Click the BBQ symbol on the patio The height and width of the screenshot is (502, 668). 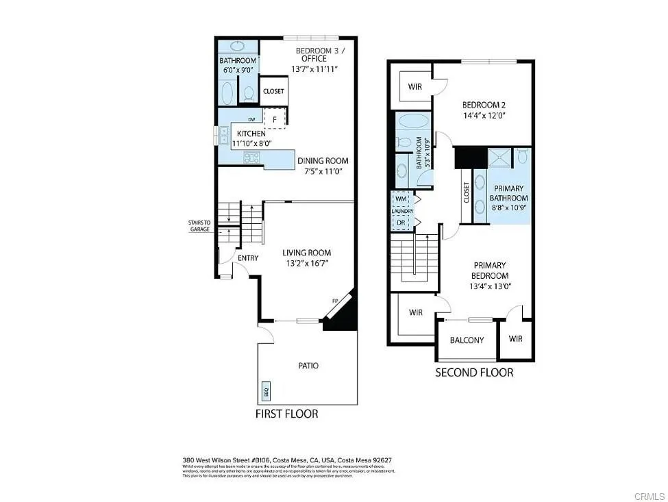coord(267,392)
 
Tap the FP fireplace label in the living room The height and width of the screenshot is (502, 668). coord(335,301)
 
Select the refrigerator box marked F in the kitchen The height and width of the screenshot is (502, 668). coord(275,118)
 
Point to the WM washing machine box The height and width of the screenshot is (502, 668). coord(400,199)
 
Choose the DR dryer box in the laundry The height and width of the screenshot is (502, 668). coord(400,223)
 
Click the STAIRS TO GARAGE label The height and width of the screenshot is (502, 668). coord(199,226)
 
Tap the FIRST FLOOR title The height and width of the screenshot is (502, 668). coord(286,414)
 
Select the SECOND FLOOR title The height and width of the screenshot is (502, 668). coord(474,373)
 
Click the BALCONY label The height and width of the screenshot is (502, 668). coord(467,340)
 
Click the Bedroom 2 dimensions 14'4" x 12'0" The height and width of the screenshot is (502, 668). coord(484,116)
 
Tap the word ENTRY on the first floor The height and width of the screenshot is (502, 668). coord(247,258)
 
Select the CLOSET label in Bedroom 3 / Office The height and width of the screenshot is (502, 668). coord(274,91)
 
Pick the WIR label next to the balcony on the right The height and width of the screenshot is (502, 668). coord(516,338)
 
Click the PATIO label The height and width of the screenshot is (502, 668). coord(308,366)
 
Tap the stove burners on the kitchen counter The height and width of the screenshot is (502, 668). coord(251,158)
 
